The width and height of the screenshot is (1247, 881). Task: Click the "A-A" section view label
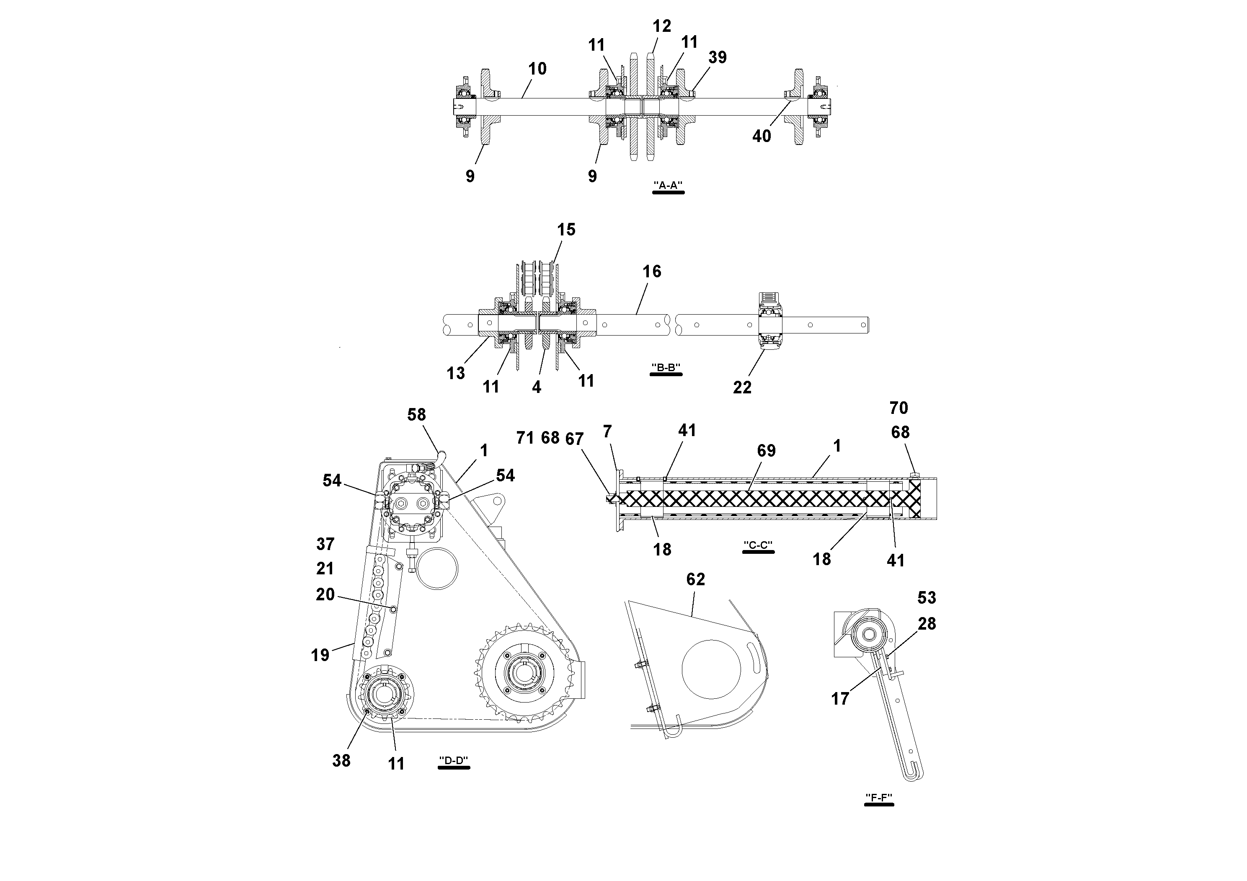668,185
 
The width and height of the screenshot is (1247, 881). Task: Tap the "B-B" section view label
666,368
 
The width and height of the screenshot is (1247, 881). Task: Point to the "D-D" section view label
454,760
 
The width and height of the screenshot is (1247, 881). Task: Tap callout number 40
762,136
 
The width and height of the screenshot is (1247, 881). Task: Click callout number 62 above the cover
695,579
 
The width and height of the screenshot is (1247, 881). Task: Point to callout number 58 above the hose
416,415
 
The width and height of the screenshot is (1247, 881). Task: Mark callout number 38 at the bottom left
341,761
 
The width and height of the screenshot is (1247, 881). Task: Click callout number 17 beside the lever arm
840,699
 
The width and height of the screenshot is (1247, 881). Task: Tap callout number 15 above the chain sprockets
566,230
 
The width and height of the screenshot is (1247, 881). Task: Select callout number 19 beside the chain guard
320,655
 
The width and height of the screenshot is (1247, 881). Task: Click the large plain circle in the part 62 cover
711,669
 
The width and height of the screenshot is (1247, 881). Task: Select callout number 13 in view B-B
456,373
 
